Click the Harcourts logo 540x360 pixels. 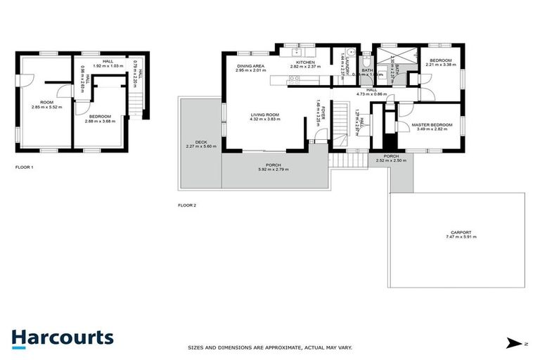[x=62, y=337]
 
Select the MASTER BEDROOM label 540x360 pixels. [x=432, y=124]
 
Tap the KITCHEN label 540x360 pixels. [x=305, y=63]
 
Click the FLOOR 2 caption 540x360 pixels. [x=186, y=206]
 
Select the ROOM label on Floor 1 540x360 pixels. [x=46, y=103]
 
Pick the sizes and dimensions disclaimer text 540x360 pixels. [x=269, y=347]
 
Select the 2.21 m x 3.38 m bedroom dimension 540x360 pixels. [x=441, y=64]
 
